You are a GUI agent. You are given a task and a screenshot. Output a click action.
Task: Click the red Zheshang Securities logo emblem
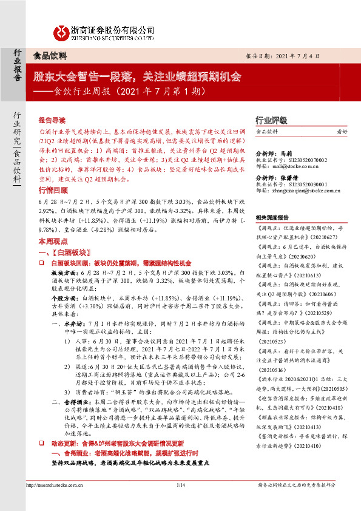[61, 32]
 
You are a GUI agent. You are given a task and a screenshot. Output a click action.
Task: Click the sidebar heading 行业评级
[270, 120]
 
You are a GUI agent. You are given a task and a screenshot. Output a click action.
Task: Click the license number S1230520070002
[299, 158]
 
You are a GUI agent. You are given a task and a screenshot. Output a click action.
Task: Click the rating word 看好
[342, 132]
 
